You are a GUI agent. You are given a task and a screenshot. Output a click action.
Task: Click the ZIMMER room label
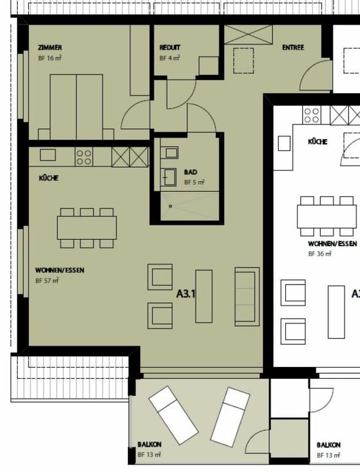coord(50,48)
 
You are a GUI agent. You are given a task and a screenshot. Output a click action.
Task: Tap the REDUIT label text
coord(170,48)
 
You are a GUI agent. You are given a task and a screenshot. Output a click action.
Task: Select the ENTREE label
coord(293,48)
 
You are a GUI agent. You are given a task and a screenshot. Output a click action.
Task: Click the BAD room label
coord(191,172)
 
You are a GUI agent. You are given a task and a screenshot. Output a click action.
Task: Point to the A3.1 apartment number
coord(186,293)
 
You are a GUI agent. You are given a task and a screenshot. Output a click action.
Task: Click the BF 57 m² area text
coord(47,281)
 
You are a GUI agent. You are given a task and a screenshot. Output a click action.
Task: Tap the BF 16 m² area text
coord(50,58)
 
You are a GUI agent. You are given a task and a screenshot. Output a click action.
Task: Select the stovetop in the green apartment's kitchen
coord(84,157)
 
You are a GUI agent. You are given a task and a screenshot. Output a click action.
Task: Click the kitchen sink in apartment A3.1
coord(48,155)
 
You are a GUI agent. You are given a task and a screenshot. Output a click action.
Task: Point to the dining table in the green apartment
coord(87,228)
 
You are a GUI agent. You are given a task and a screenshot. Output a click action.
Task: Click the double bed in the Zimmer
coord(76,107)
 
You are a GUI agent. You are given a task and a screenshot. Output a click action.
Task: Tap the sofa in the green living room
coord(247,297)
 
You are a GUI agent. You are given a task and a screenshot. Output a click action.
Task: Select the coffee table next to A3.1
coord(204,296)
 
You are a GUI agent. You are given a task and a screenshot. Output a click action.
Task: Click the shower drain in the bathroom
coord(171,206)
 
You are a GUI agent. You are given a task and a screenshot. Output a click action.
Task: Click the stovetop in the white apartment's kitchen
coord(312,115)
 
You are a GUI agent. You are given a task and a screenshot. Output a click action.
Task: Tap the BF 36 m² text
coord(320,254)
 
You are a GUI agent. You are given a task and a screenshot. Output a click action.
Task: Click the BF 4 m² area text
coord(170,58)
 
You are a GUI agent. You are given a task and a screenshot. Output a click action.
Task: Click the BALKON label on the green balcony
coord(150,444)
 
